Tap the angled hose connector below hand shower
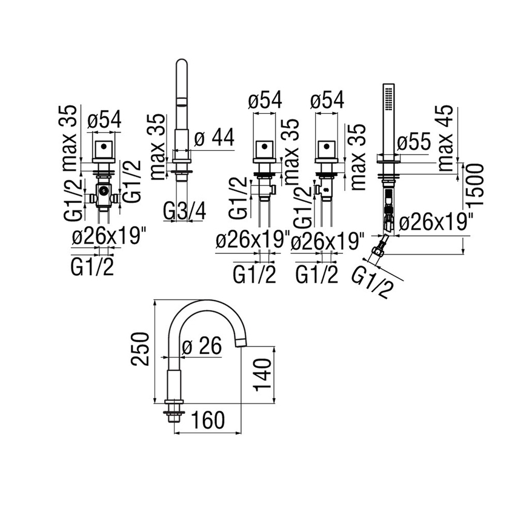click(x=380, y=245)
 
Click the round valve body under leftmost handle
click(x=104, y=193)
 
